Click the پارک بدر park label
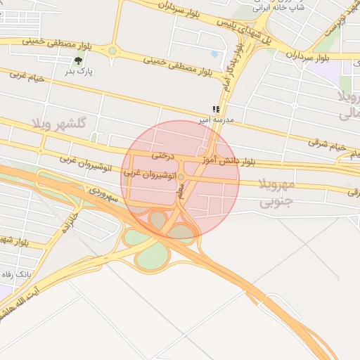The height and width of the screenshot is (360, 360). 80,71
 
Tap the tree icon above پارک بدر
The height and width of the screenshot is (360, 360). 78,60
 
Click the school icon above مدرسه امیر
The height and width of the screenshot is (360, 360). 217,110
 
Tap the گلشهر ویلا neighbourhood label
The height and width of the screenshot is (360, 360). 58,123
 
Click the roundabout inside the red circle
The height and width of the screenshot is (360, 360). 181,176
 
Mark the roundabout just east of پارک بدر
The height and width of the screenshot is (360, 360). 112,51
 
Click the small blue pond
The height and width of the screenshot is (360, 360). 214,53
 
